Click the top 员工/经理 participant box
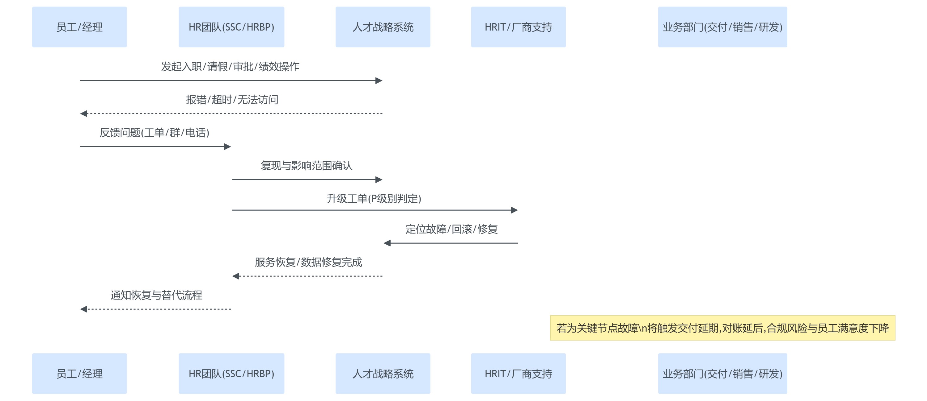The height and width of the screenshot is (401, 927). tap(79, 27)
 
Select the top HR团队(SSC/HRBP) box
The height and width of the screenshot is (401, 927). tap(231, 27)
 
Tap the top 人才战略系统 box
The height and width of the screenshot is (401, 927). tap(383, 27)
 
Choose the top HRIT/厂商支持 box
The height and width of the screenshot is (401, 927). tap(518, 27)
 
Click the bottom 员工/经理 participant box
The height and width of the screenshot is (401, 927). tap(79, 373)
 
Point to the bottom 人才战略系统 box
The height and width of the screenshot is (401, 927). tap(383, 373)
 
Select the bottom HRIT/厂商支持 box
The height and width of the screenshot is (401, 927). tap(518, 373)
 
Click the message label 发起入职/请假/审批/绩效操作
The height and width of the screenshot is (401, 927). tap(230, 67)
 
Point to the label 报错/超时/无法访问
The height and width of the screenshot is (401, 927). tap(232, 100)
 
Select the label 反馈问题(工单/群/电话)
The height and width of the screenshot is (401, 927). tap(154, 133)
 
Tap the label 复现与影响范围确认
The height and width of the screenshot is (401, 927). tap(307, 166)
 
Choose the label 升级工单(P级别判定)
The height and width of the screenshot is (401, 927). tap(374, 199)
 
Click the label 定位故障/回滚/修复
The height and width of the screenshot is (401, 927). tap(452, 229)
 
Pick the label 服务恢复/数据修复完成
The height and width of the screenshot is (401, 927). tap(308, 262)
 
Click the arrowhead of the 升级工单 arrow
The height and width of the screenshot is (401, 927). tap(514, 210)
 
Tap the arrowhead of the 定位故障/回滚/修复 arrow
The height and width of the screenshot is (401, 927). tap(387, 243)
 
